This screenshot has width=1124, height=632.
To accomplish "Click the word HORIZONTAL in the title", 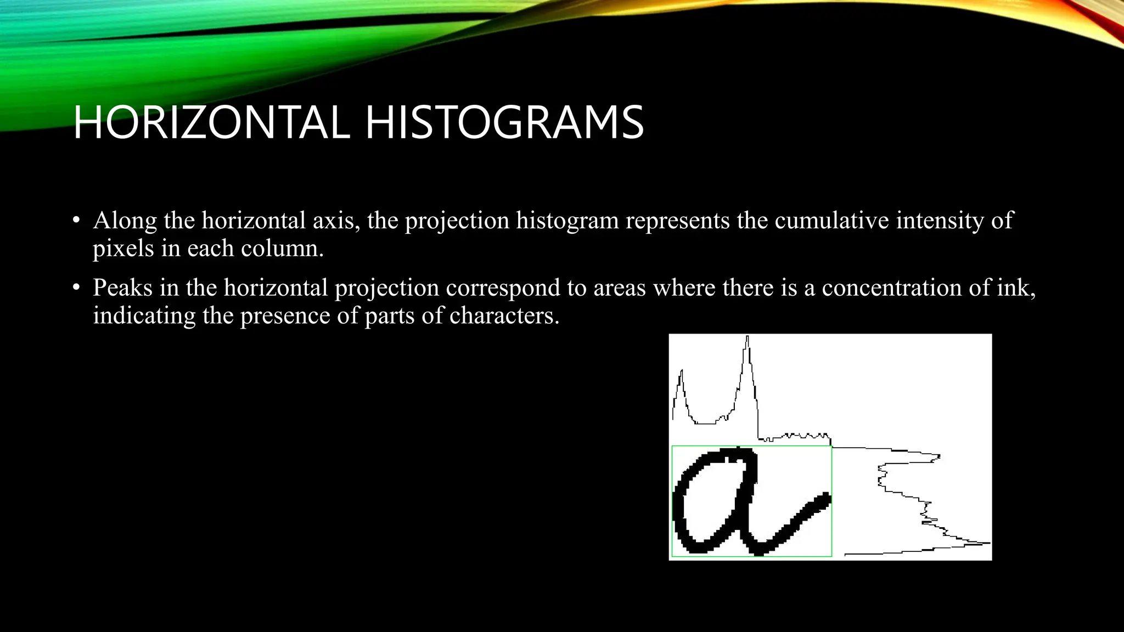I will point(211,123).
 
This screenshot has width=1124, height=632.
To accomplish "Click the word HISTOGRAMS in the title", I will point(504,123).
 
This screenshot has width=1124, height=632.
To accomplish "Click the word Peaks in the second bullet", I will point(122,288).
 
